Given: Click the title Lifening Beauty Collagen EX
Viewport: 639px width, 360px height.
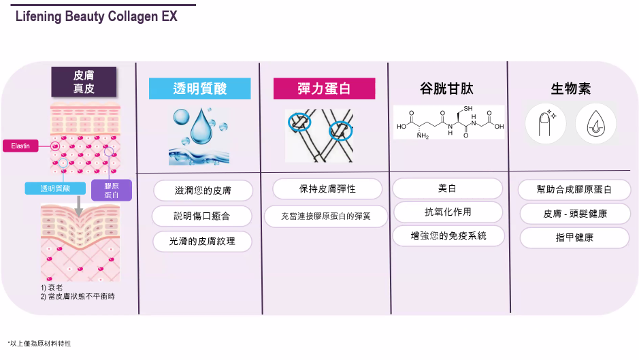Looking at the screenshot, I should coord(96,16).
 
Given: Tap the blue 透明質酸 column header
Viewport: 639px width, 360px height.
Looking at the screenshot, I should coord(199,88).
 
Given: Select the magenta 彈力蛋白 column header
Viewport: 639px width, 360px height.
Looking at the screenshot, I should coord(324,88).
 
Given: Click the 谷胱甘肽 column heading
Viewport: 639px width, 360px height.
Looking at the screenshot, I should coord(446,89).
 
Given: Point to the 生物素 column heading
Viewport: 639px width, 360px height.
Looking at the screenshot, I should coord(570,89).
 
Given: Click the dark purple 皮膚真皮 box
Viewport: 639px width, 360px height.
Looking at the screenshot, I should coord(84,82).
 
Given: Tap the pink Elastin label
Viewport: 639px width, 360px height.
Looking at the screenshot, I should coord(20,146).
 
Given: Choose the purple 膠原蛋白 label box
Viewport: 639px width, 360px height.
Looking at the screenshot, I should coord(111,190).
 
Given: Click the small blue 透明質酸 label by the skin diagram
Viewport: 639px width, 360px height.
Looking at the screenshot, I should coord(55,189).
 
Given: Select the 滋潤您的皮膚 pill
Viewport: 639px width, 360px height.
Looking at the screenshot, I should coord(203,191).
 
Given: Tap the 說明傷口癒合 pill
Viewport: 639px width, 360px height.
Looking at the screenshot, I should coord(202,216).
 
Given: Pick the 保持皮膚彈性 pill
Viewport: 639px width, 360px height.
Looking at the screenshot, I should coord(327,189).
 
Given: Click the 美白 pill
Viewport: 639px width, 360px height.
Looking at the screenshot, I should coord(447,189).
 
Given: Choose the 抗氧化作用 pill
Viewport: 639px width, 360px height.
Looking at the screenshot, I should coord(447,212).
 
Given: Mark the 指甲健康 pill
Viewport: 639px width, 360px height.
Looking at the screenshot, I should coord(574,238).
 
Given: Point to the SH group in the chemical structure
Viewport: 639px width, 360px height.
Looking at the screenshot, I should coord(469,110).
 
